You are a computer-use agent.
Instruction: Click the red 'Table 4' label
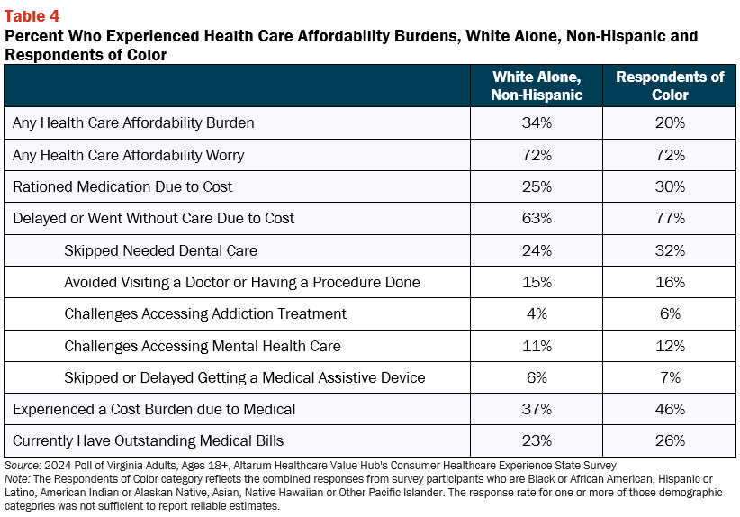click(x=32, y=16)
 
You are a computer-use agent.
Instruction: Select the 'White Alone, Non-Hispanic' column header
click(x=537, y=86)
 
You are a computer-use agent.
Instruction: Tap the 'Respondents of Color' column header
click(x=670, y=86)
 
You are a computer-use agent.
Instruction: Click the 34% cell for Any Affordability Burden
click(x=537, y=122)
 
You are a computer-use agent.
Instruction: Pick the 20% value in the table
click(x=670, y=122)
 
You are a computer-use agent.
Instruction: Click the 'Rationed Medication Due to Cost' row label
click(x=122, y=187)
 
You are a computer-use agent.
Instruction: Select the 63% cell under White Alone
click(x=537, y=218)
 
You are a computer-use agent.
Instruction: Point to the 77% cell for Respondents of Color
click(x=670, y=218)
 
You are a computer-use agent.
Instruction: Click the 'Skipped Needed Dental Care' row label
click(x=161, y=250)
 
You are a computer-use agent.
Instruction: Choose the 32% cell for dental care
click(x=670, y=250)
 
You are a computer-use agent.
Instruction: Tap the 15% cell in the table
click(x=537, y=282)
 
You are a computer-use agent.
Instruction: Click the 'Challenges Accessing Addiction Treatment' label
click(x=205, y=314)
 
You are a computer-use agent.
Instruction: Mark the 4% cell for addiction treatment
click(x=537, y=313)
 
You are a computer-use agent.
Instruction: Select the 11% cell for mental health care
click(x=537, y=346)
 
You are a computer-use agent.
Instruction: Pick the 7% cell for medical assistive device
click(x=670, y=377)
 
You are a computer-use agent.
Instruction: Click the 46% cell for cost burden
click(x=670, y=409)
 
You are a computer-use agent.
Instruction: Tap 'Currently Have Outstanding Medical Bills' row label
click(x=149, y=441)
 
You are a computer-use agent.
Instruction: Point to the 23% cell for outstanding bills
click(x=537, y=440)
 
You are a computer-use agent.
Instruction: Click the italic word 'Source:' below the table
click(x=23, y=466)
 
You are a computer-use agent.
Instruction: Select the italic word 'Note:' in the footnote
click(x=17, y=479)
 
